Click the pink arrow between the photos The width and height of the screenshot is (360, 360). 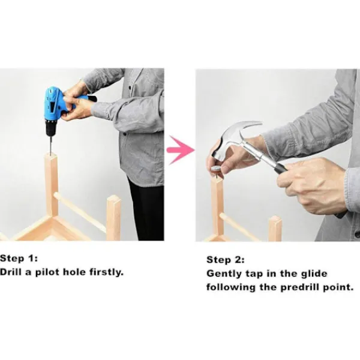coord(181,150)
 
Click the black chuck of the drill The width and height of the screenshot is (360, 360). coord(51,128)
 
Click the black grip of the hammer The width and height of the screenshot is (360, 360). coord(281,169)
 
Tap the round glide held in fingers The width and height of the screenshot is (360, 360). coord(216,169)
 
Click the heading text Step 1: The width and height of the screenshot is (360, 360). coord(19,259)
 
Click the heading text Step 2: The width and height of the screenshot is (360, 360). coord(226,260)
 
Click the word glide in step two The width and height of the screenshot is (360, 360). coord(314,274)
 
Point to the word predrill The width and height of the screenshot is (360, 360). coord(301,287)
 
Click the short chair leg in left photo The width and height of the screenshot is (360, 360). coord(113,218)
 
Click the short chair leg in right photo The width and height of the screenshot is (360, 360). coord(275,229)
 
